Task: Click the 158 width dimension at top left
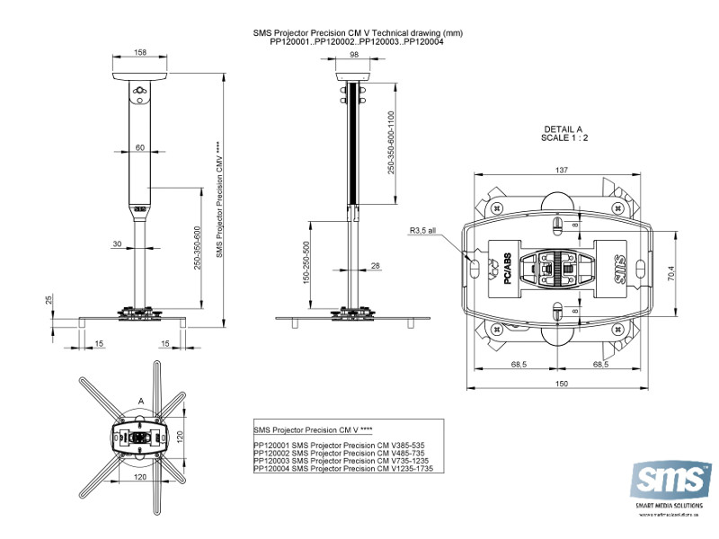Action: click(140, 53)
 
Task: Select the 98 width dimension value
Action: click(354, 55)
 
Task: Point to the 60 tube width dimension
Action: click(140, 146)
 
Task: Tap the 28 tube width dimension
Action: click(376, 265)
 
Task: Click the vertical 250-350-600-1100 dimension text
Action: click(391, 143)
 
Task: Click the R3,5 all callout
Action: click(422, 231)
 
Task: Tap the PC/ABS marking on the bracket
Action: click(508, 269)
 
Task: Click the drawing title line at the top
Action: click(359, 32)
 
